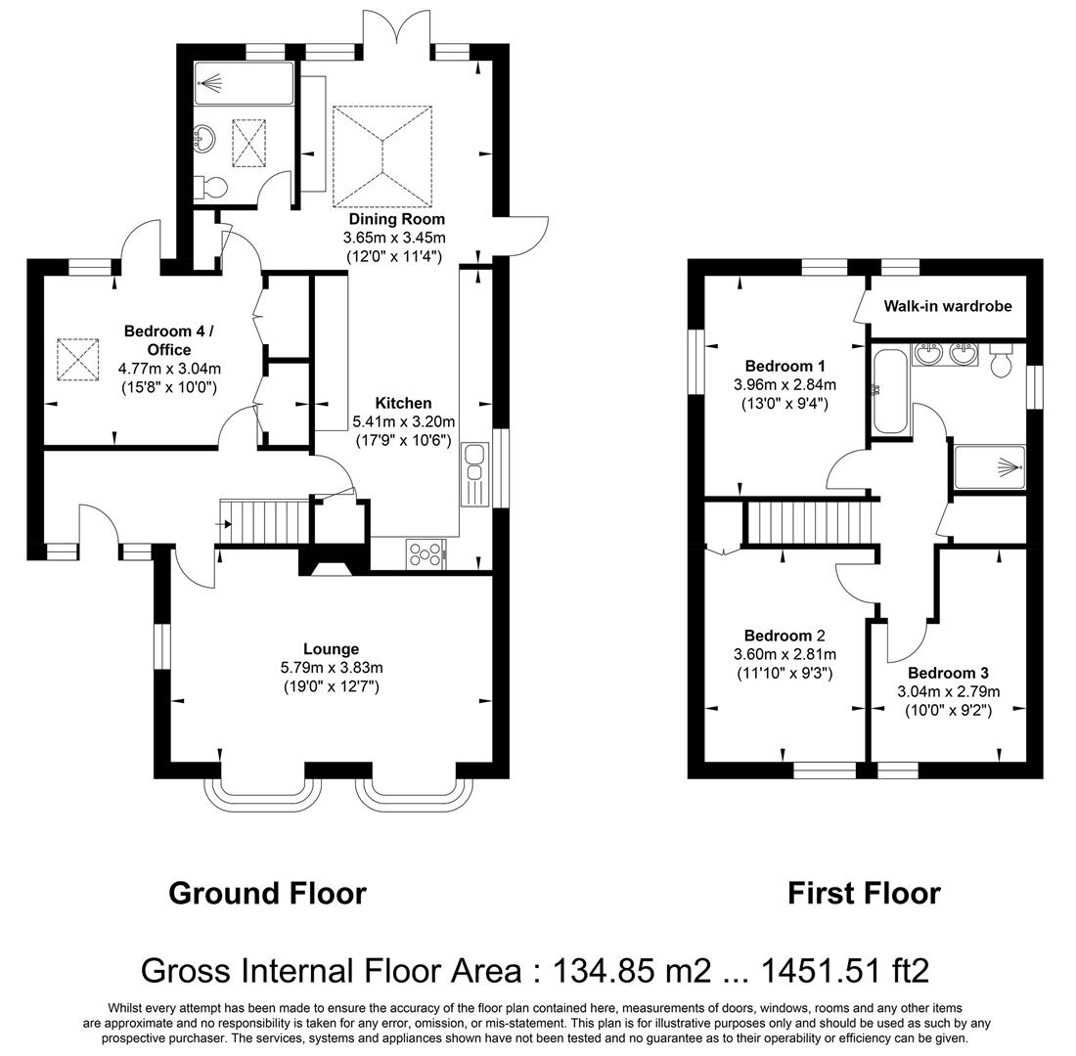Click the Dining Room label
pyautogui.click(x=396, y=219)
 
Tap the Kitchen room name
pyautogui.click(x=403, y=403)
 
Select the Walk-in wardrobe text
pyautogui.click(x=947, y=306)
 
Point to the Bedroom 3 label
pyautogui.click(x=947, y=673)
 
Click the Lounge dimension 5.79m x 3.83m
pyautogui.click(x=331, y=668)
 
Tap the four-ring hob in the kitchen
pyautogui.click(x=425, y=554)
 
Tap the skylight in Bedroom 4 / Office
pyautogui.click(x=79, y=359)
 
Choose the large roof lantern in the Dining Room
pyautogui.click(x=381, y=156)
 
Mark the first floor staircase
pyautogui.click(x=809, y=521)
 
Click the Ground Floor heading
pyautogui.click(x=267, y=893)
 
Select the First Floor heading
pyautogui.click(x=864, y=893)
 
